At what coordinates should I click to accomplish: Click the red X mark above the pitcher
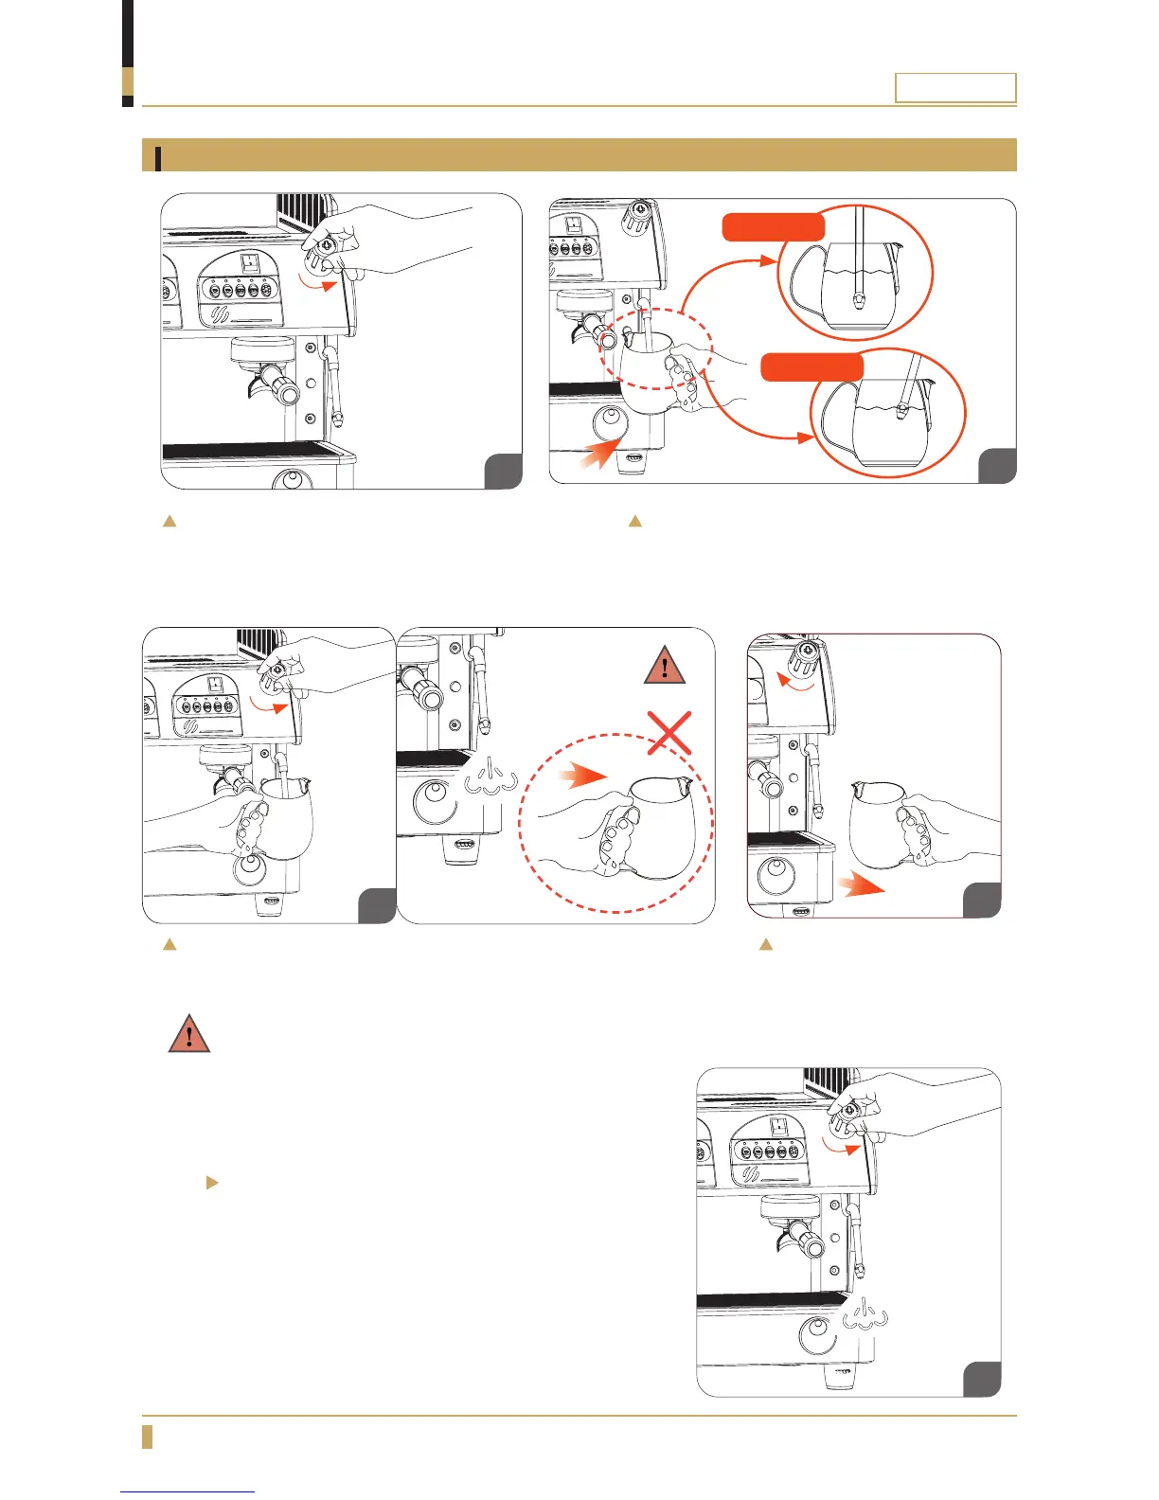pyautogui.click(x=669, y=732)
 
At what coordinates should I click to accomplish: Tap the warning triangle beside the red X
pyautogui.click(x=665, y=666)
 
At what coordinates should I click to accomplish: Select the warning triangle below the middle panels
pyautogui.click(x=189, y=1033)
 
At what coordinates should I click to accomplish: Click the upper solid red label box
pyautogui.click(x=773, y=226)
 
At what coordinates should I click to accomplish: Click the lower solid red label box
pyautogui.click(x=812, y=367)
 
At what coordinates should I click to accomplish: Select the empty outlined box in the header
pyautogui.click(x=955, y=88)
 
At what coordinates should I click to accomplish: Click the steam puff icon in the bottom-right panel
pyautogui.click(x=865, y=1317)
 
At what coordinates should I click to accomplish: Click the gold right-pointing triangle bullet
pyautogui.click(x=212, y=1183)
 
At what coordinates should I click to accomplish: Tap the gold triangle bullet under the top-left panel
pyautogui.click(x=170, y=521)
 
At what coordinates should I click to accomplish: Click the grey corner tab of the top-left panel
pyautogui.click(x=503, y=472)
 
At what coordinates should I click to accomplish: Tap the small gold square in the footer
pyautogui.click(x=147, y=1436)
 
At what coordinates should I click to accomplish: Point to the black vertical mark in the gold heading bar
pyautogui.click(x=158, y=157)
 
